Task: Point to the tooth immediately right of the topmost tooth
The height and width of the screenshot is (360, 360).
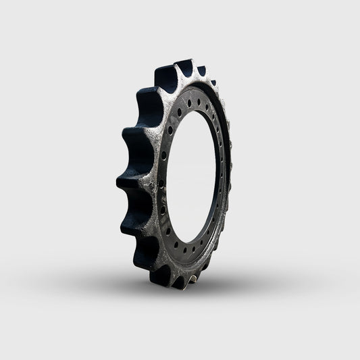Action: point(201,72)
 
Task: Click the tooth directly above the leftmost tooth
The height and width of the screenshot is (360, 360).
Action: point(130,143)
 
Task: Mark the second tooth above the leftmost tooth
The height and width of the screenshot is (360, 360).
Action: point(145,105)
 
